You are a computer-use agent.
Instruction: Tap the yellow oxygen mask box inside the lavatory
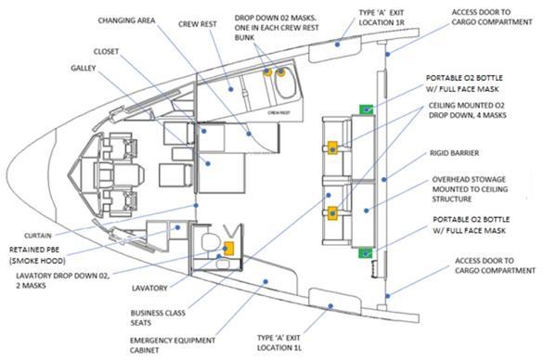227,248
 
